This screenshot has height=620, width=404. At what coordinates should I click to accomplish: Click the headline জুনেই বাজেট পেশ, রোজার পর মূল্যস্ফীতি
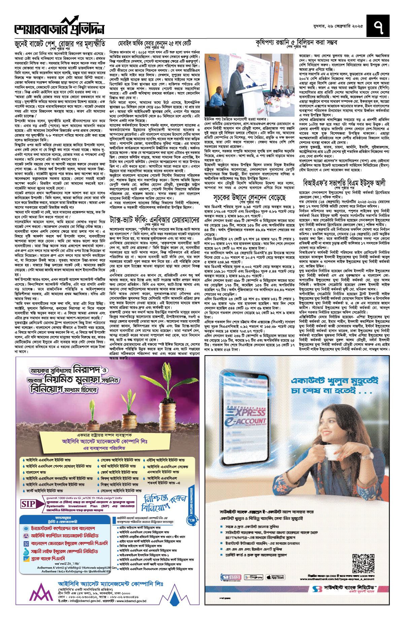(x=60, y=44)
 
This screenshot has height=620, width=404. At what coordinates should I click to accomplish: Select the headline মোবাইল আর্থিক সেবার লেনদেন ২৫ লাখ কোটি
(x=155, y=43)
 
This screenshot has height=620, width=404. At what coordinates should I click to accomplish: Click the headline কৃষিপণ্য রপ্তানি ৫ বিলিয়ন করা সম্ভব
(x=296, y=42)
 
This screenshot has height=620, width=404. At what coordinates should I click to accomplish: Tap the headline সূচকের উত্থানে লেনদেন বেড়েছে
(x=249, y=197)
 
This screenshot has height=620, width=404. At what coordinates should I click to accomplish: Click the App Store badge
(x=275, y=577)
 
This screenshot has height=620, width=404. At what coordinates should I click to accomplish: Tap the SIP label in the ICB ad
(x=29, y=504)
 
